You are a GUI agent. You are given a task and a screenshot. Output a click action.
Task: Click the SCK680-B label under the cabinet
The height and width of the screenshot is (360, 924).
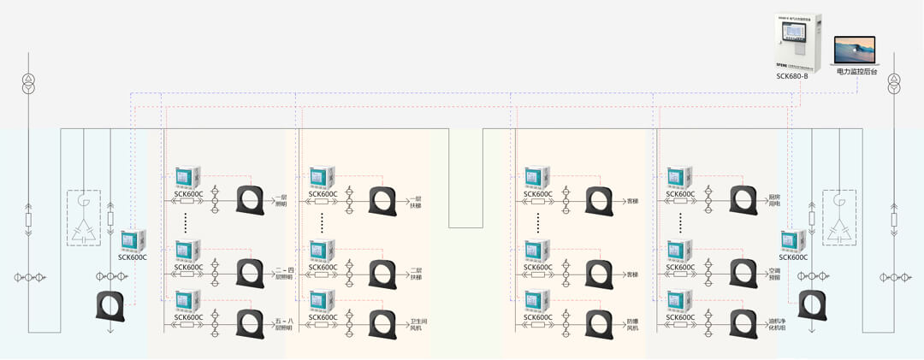[x=792, y=76]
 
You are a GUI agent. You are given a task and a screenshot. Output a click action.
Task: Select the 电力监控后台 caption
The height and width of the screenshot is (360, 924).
[x=857, y=73]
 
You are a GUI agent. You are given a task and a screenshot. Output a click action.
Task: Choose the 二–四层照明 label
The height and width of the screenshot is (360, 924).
[x=284, y=274]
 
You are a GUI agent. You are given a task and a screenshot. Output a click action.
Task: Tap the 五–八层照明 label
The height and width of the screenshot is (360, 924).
[x=284, y=324]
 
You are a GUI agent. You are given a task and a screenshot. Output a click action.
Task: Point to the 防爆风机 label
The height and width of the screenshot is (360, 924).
[x=632, y=324]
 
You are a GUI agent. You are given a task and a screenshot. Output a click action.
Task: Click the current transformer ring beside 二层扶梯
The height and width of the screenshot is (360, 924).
[x=382, y=273]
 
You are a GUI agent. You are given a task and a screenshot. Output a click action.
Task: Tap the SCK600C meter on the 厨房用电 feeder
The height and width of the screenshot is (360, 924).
[x=680, y=176]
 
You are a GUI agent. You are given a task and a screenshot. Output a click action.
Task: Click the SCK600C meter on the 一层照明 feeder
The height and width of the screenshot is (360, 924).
[x=188, y=176]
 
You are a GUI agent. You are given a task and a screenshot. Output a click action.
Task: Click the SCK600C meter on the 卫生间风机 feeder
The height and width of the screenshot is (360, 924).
[x=323, y=301]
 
